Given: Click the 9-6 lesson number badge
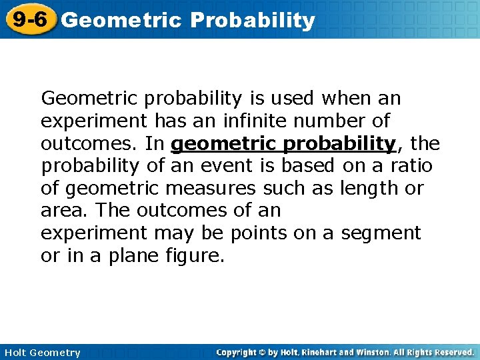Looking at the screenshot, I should point(29,19).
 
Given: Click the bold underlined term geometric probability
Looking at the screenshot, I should point(283,144).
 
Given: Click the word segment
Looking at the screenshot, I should point(381,233).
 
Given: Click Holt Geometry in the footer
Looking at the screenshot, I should point(41,353).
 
